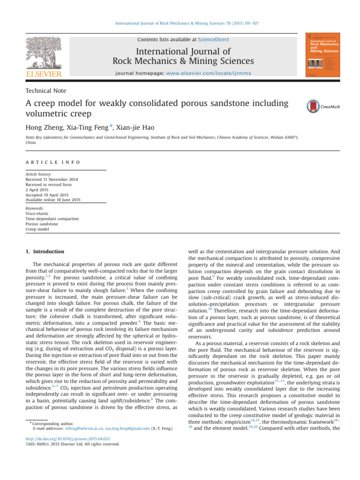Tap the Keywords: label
click(35, 208)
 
